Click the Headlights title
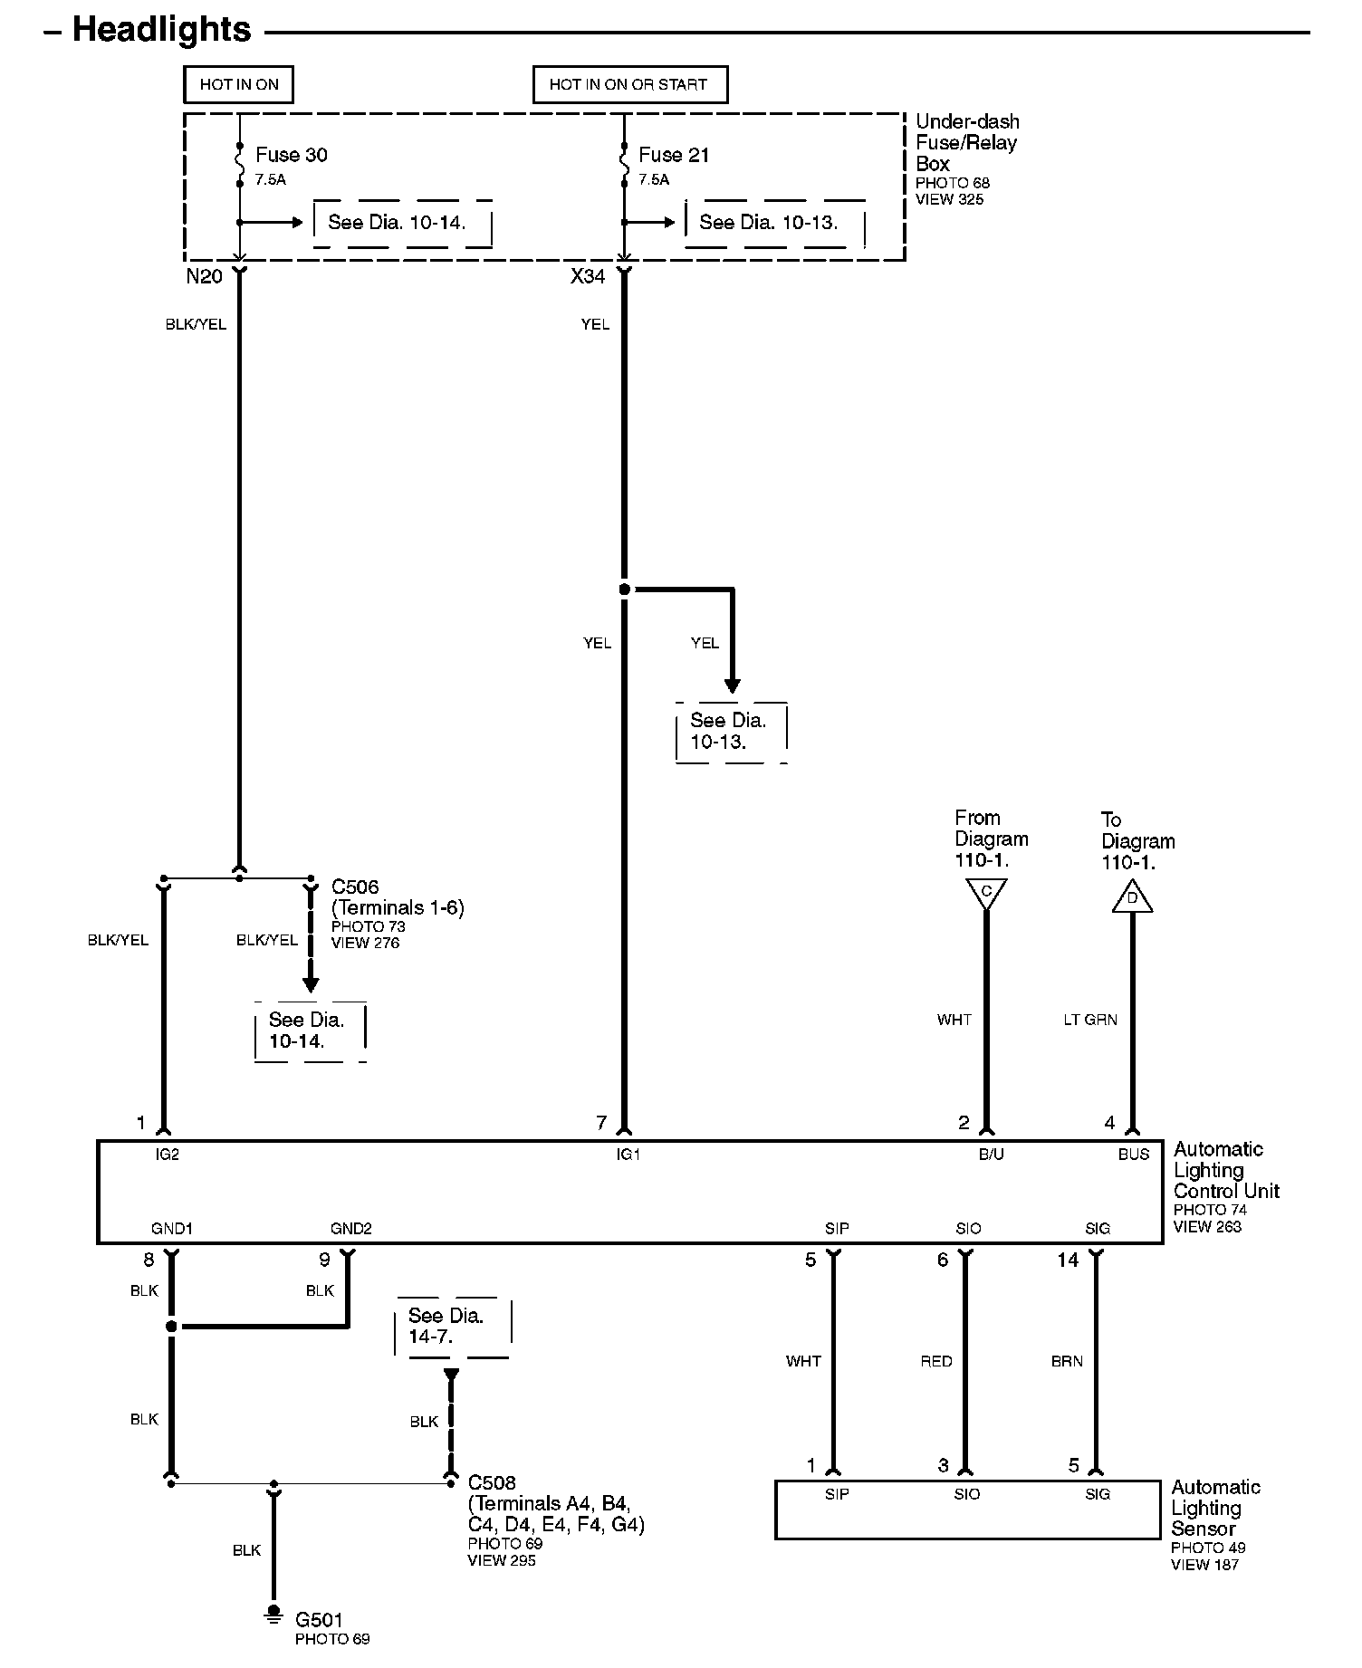click(161, 30)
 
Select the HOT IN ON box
click(239, 85)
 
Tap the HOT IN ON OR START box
click(629, 85)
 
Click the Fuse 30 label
click(291, 155)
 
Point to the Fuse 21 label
click(674, 155)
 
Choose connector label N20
click(204, 277)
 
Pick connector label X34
click(587, 277)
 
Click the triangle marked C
click(986, 893)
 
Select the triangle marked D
click(1132, 898)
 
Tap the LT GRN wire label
click(1090, 1020)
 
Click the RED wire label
click(936, 1361)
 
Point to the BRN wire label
click(1067, 1361)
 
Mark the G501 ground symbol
click(273, 1612)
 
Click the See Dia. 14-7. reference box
click(453, 1327)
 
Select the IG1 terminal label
click(628, 1155)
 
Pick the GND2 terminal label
click(351, 1229)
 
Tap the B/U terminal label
click(992, 1155)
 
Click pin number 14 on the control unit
click(1068, 1260)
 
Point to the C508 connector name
click(492, 1482)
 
